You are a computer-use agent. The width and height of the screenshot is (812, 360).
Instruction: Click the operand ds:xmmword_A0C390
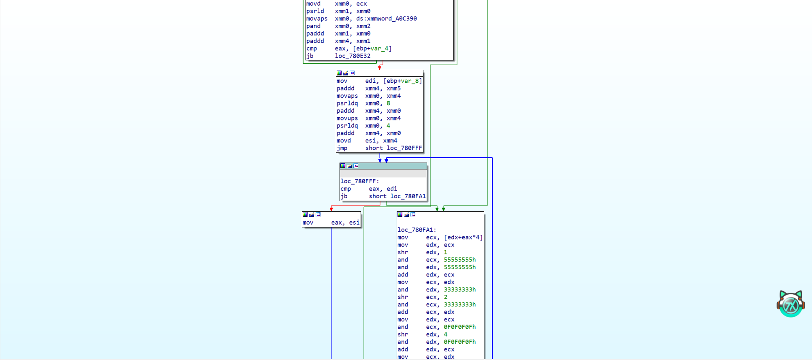386,19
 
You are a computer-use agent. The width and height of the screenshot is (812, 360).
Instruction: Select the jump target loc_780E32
353,56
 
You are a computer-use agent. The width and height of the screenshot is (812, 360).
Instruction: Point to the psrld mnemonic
315,11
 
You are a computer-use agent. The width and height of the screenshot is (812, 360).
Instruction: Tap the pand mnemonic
313,26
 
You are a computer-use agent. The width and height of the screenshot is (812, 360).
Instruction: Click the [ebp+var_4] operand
372,49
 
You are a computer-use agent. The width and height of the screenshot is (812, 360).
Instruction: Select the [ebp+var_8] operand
403,81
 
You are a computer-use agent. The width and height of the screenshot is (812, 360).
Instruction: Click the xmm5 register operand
393,88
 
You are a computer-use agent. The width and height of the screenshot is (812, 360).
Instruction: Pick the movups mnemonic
347,118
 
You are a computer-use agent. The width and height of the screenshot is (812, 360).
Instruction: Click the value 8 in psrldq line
388,103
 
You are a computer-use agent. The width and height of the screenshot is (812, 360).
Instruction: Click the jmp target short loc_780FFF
393,148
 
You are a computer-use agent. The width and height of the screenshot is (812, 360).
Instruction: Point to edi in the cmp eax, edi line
392,189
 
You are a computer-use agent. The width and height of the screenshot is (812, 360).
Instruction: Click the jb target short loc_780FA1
397,196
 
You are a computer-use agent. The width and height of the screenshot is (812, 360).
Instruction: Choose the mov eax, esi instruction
331,223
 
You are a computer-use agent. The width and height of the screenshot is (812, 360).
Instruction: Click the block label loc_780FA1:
417,230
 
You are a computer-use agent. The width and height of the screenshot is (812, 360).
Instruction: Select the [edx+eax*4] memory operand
463,238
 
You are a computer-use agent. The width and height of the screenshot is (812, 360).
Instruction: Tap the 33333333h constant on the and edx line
460,289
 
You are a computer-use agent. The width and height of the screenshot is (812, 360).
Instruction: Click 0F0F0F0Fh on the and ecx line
460,327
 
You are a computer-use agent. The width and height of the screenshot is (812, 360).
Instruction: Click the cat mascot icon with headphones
791,304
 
